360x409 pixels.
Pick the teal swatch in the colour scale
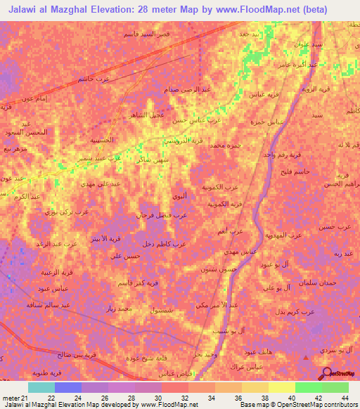[41, 387]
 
